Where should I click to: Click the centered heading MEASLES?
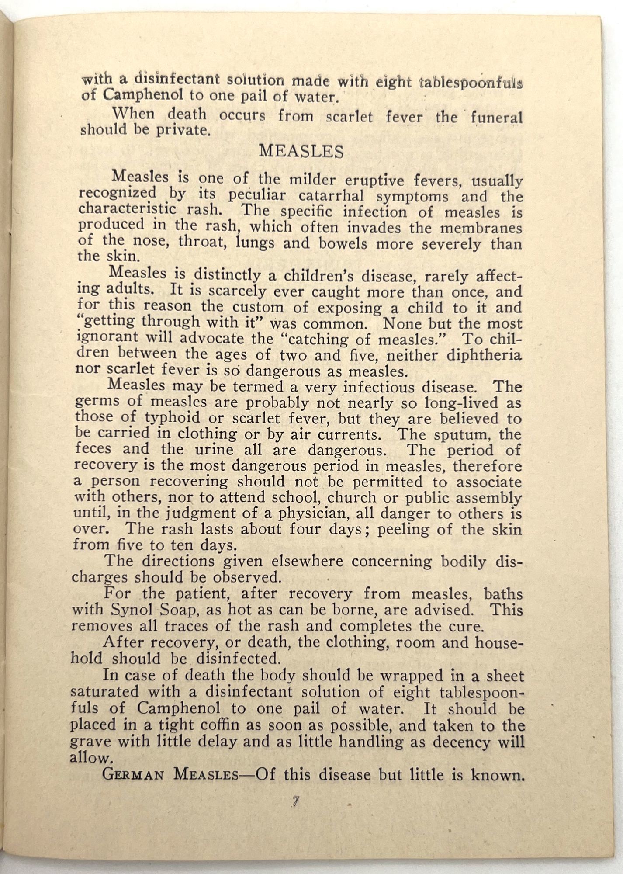(301, 151)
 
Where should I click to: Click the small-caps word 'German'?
(133, 775)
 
